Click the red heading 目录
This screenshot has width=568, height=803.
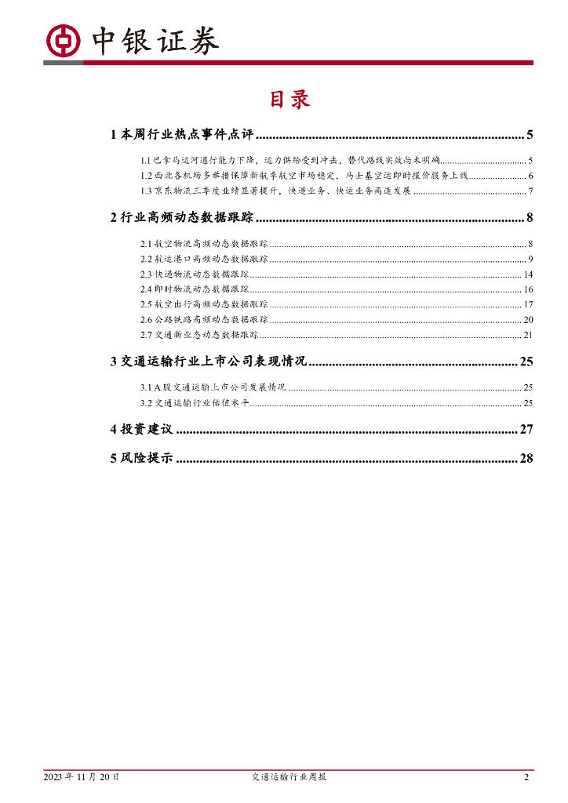(x=290, y=99)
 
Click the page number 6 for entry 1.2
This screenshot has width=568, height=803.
(x=530, y=176)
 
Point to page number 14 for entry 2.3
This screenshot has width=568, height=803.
(x=528, y=274)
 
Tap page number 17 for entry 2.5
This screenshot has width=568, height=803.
(x=528, y=304)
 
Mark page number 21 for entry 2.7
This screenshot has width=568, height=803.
(x=528, y=335)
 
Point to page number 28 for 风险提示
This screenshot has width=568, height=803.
(x=526, y=459)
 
